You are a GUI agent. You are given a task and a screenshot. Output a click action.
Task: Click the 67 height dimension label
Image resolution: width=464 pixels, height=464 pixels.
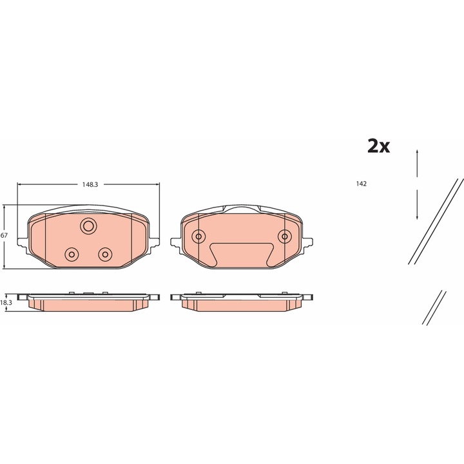coord(4,236)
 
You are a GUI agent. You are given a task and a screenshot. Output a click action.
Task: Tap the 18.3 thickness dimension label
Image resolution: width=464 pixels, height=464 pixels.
coord(6,302)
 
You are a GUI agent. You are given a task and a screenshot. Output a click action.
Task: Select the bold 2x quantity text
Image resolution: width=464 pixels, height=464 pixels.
coord(378,146)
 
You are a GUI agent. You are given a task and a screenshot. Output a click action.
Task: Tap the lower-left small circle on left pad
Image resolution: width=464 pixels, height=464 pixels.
coord(72,253)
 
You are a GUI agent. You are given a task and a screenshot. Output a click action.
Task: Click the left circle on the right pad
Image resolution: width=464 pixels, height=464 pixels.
coord(198,236)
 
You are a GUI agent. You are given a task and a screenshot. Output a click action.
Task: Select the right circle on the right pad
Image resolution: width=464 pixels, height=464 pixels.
coord(284,236)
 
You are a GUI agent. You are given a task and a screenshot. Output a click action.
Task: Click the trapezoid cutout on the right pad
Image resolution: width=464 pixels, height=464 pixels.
coord(241,254)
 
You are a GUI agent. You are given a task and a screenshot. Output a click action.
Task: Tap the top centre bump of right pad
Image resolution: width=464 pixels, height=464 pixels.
coord(241,208)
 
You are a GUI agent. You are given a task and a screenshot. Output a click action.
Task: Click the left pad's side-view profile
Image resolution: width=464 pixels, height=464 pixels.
coord(88,302)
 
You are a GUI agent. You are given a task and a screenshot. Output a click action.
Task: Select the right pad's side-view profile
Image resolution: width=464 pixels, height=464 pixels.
coord(241,302)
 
